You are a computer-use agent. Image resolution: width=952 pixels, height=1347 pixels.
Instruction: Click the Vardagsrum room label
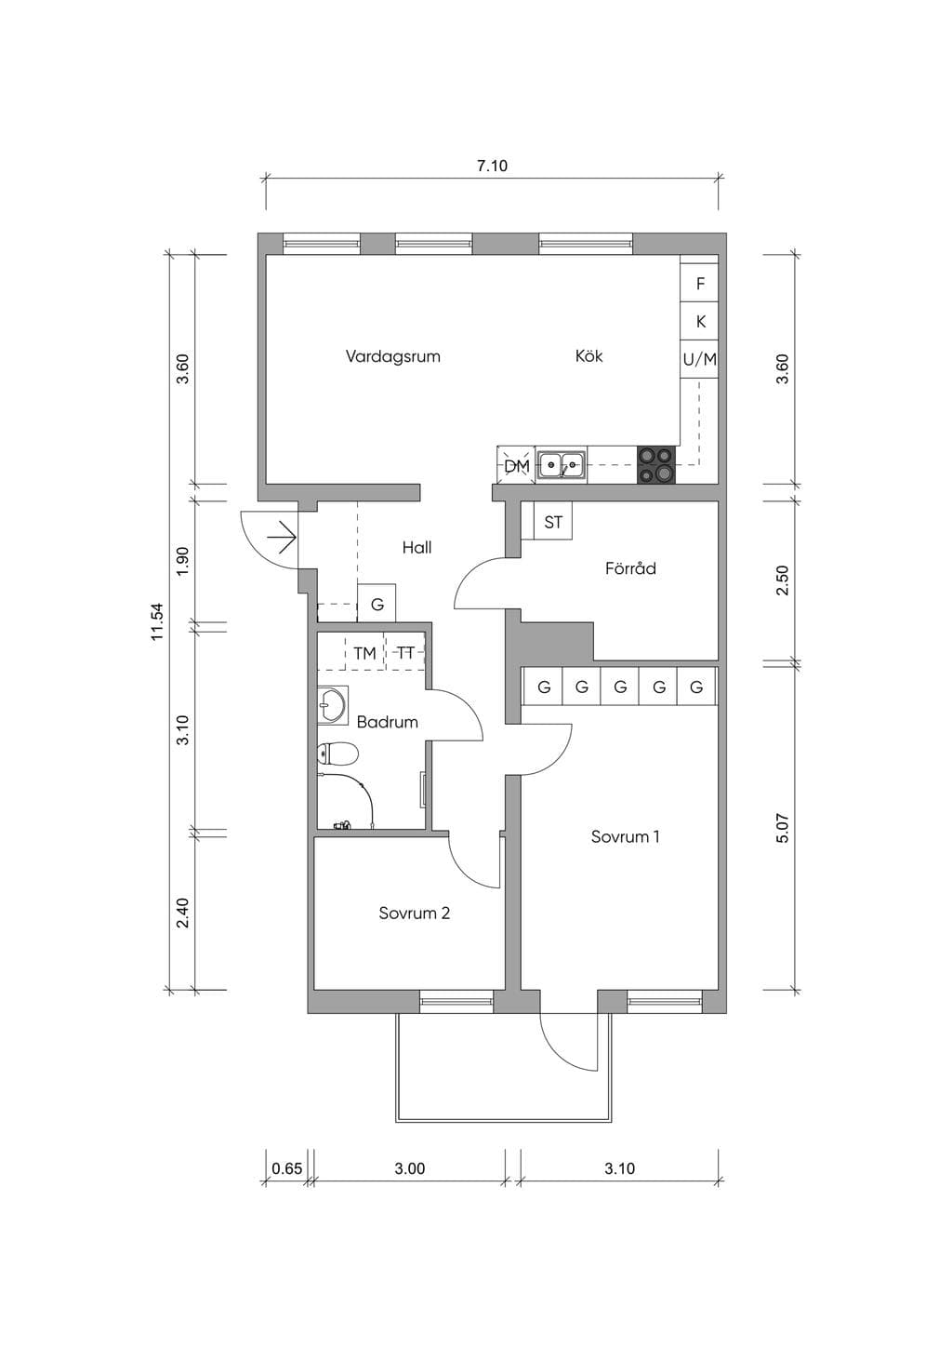[393, 356]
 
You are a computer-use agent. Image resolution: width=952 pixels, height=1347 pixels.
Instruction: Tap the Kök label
[588, 356]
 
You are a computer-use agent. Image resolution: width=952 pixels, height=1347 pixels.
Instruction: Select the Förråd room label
[629, 567]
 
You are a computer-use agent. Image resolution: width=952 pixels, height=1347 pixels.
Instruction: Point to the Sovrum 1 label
[625, 836]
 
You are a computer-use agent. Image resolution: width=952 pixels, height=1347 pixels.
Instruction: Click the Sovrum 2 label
[414, 913]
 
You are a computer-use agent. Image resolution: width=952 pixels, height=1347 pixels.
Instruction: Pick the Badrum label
[387, 722]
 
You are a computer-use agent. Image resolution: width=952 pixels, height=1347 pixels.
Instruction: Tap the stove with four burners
[655, 465]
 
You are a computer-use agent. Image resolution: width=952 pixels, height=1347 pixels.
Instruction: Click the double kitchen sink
[562, 465]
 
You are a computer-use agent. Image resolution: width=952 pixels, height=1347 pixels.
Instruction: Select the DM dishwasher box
[516, 465]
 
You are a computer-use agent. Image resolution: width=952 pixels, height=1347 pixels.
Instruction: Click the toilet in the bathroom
[337, 754]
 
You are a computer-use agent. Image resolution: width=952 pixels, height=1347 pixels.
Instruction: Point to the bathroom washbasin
[331, 703]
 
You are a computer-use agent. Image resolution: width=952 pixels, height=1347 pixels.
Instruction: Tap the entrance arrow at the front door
[282, 537]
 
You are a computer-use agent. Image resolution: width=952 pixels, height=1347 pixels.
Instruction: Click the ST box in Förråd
[553, 521]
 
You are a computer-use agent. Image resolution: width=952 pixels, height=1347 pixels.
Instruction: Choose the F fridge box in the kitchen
[699, 283]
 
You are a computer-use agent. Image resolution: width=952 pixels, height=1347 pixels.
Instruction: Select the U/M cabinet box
[699, 359]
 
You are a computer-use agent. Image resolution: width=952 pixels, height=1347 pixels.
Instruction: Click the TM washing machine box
[364, 652]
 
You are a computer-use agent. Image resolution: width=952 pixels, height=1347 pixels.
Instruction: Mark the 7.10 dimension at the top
[492, 166]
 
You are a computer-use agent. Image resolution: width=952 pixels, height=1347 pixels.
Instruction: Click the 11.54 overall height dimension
[157, 621]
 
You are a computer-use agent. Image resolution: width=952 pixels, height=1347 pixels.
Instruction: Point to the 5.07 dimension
[782, 828]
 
